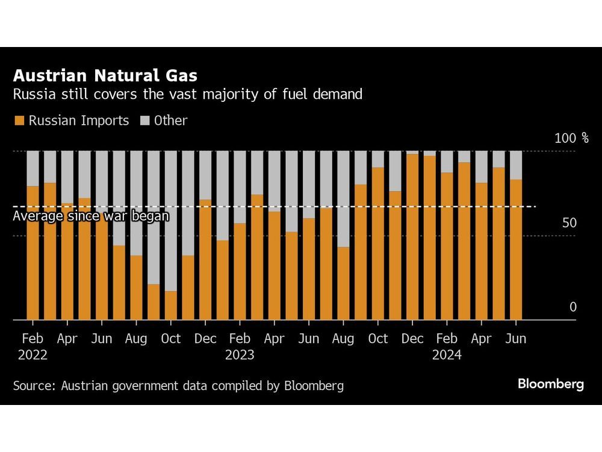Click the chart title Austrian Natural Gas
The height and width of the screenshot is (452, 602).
105,76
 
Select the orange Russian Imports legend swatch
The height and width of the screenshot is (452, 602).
19,121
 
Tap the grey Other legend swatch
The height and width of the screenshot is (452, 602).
144,121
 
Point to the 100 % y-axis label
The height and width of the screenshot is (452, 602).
571,138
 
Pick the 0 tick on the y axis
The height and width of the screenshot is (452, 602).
573,307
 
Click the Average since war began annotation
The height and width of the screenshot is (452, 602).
91,216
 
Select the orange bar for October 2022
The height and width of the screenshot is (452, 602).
171,306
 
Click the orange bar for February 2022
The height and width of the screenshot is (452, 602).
33,253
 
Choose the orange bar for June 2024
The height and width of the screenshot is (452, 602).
516,250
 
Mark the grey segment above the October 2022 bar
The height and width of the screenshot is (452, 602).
171,221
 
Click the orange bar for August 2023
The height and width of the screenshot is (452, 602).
343,283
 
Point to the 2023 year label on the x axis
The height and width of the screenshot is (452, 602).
240,355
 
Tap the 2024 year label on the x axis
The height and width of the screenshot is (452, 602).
447,355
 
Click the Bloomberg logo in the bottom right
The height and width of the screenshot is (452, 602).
550,385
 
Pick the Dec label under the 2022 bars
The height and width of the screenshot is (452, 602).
205,339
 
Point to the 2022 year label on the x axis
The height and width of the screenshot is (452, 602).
33,355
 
